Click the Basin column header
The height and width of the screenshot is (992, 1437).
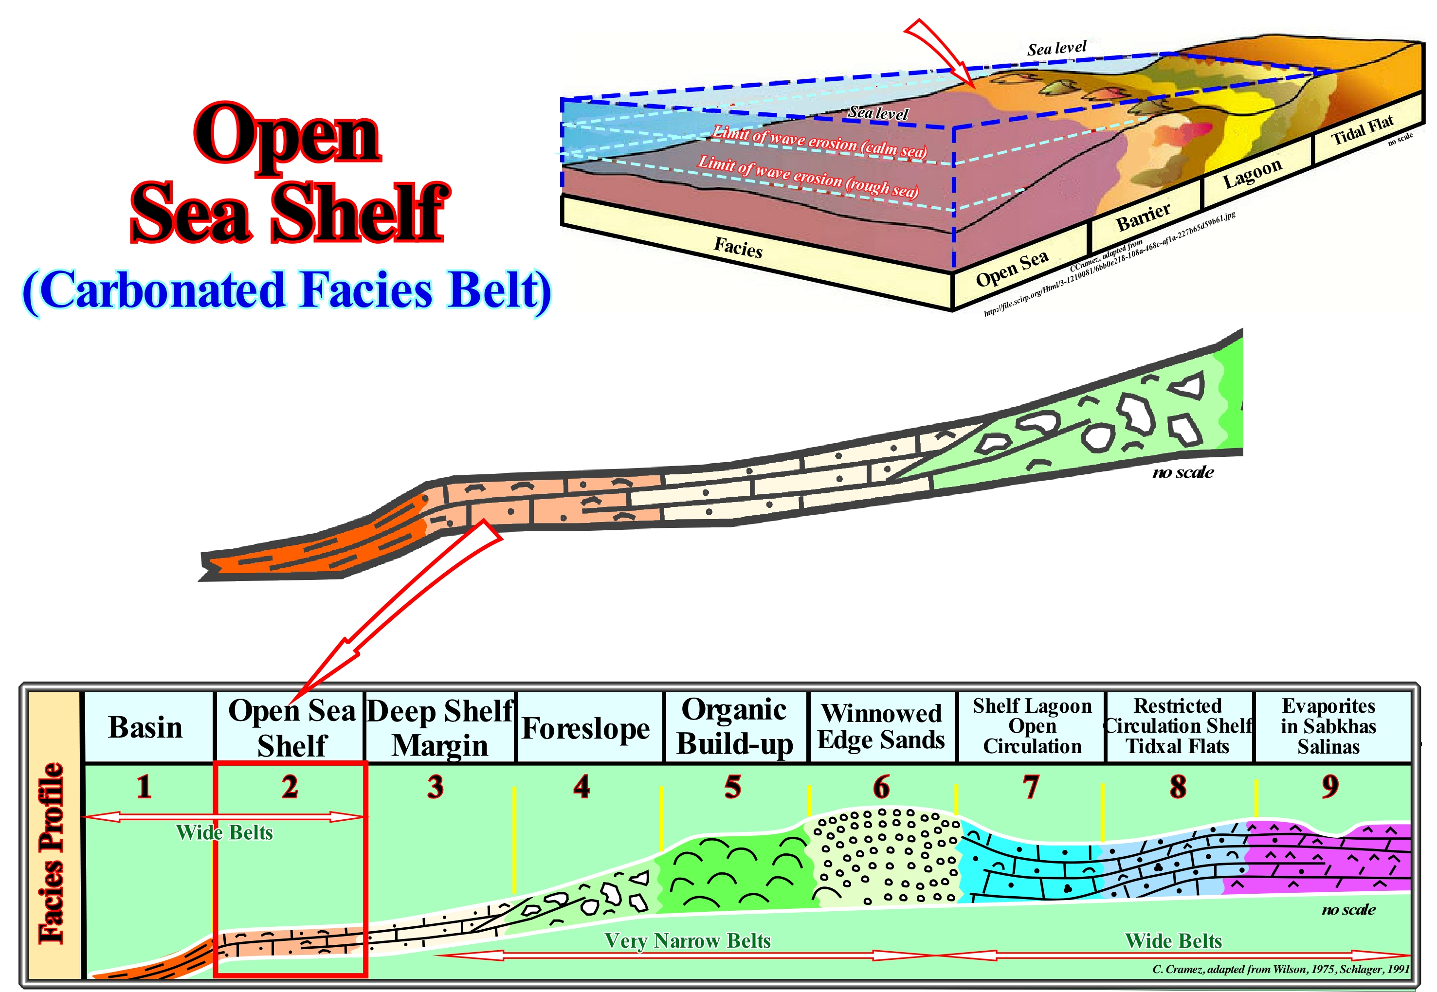(x=146, y=727)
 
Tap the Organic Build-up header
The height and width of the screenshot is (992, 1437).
(x=735, y=726)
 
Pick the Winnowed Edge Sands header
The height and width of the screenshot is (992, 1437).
(x=881, y=726)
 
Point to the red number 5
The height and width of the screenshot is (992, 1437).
(x=733, y=787)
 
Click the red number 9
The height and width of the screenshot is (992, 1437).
(x=1329, y=787)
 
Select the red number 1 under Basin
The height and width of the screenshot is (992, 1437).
(x=144, y=787)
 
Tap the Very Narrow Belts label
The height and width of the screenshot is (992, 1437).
(x=688, y=941)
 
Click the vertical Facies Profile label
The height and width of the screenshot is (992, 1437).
(x=52, y=853)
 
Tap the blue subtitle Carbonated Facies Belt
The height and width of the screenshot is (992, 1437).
(x=287, y=290)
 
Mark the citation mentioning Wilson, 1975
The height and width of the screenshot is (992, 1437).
(x=1280, y=969)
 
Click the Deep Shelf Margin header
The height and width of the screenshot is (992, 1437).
(x=439, y=728)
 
